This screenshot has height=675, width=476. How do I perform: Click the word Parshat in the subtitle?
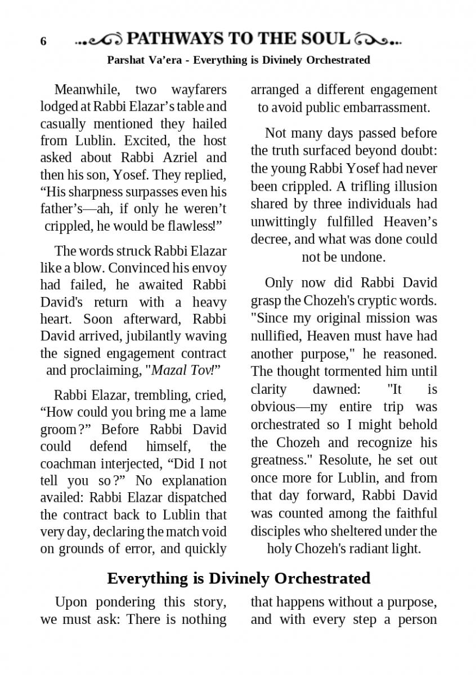125,60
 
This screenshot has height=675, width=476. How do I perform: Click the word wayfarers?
199,90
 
